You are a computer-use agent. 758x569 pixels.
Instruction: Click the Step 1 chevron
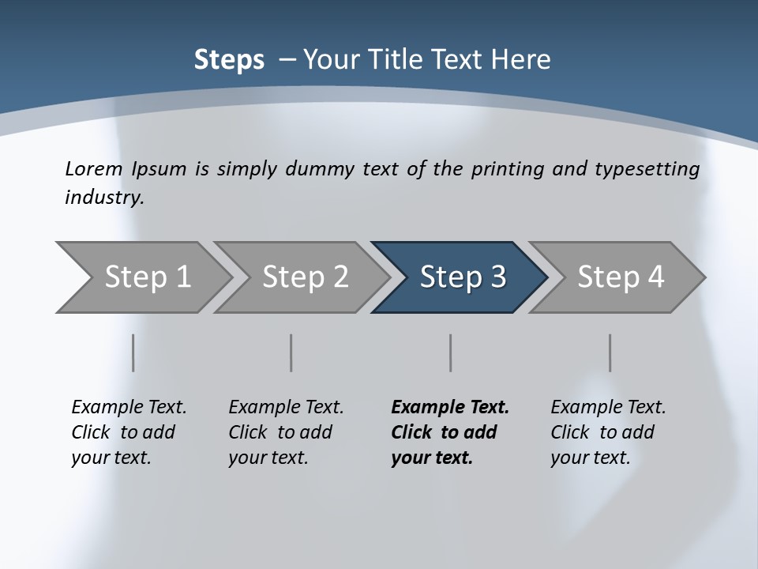point(146,277)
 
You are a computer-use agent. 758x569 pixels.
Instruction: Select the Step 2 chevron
point(304,277)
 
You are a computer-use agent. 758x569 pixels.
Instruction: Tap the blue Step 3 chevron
point(462,277)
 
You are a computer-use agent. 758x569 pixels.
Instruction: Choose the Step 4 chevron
point(620,277)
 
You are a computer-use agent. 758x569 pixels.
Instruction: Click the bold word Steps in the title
point(229,60)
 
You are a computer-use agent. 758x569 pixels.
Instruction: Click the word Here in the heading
point(521,60)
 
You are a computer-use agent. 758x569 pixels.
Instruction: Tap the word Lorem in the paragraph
point(94,168)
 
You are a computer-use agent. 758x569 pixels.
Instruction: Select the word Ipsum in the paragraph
point(159,169)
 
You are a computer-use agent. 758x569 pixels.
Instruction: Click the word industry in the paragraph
point(103,198)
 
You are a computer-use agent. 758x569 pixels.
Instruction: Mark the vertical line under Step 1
point(133,352)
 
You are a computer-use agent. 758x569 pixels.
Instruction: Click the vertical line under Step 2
point(291,352)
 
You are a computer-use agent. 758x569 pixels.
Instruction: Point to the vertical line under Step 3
point(451,352)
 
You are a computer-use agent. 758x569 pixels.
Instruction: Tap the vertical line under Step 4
point(610,352)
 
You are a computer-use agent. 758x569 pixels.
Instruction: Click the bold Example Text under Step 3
point(450,408)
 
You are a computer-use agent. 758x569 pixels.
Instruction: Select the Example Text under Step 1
point(129,408)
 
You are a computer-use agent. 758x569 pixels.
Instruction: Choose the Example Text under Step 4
point(608,408)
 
